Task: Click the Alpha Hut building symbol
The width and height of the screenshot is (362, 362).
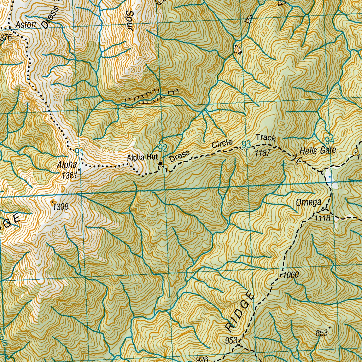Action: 160,163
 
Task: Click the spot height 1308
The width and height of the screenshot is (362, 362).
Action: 60,207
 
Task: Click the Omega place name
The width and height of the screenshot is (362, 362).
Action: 309,203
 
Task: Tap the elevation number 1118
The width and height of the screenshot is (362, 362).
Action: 323,219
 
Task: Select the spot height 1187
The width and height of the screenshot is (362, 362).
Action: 262,153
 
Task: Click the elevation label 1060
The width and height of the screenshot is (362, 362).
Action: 291,275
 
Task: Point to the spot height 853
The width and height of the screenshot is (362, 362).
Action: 322,333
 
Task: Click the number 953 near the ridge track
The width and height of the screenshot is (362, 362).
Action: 231,340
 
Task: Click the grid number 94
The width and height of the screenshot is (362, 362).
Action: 329,140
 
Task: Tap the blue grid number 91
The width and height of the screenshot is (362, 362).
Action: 79,152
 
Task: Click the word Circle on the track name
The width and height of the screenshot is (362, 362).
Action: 222,143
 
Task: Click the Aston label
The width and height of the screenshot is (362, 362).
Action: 25,25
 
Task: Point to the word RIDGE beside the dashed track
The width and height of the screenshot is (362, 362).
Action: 240,311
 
